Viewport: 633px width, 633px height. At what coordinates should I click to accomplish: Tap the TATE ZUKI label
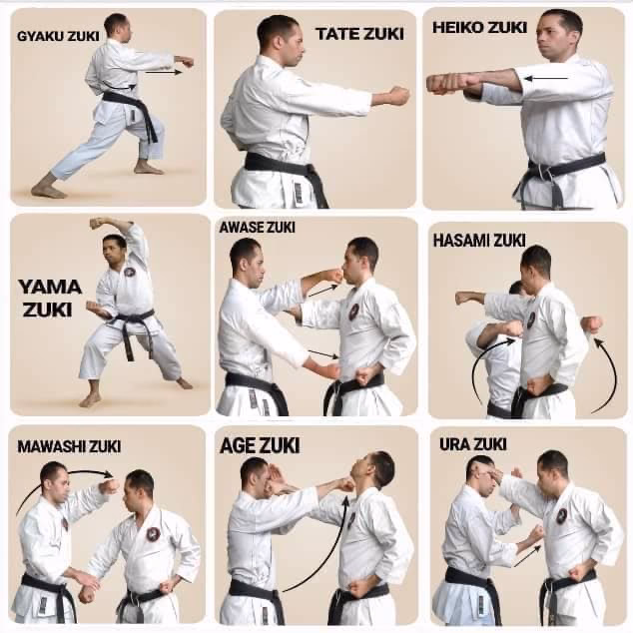click(359, 34)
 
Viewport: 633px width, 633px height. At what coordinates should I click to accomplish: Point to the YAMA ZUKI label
click(49, 298)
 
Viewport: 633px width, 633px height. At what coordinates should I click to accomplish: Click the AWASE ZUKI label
click(257, 227)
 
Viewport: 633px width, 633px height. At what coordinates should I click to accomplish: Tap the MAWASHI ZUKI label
click(69, 446)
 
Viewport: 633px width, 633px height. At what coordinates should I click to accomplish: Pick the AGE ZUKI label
click(260, 445)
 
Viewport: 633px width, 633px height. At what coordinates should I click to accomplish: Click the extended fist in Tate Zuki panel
click(397, 96)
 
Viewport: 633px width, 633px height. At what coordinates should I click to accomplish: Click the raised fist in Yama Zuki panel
click(97, 224)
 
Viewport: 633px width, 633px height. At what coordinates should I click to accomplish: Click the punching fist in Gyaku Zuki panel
click(185, 62)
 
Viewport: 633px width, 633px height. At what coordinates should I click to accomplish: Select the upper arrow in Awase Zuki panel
click(321, 291)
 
